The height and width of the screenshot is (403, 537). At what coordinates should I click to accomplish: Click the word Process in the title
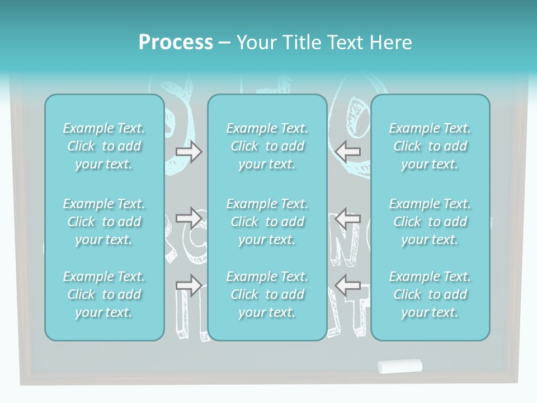click(176, 43)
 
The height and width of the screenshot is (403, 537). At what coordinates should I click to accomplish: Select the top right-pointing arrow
click(189, 152)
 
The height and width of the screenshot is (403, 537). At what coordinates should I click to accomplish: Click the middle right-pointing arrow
click(189, 218)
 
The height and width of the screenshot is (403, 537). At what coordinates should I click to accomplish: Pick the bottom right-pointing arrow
click(189, 285)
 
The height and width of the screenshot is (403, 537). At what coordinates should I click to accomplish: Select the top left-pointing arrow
click(347, 152)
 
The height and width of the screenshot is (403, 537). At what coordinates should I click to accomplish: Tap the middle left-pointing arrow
click(347, 218)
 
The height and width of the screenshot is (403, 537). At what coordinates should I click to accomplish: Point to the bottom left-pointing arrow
click(347, 285)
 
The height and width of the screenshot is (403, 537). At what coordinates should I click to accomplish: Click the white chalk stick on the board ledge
click(399, 366)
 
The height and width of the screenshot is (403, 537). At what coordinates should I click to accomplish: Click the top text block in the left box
click(104, 146)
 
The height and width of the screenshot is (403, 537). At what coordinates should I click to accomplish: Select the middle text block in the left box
click(104, 222)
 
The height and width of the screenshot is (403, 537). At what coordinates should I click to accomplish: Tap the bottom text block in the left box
click(104, 294)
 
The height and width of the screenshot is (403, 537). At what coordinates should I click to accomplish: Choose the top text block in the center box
click(267, 146)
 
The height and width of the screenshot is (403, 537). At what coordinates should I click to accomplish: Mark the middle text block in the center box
click(267, 222)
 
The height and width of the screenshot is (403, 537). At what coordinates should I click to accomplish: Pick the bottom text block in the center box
click(267, 294)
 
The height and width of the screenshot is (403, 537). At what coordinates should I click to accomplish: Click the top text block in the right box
click(430, 146)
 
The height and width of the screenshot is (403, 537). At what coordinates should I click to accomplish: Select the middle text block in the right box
click(430, 222)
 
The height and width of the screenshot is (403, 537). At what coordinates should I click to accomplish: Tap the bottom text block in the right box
click(430, 294)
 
